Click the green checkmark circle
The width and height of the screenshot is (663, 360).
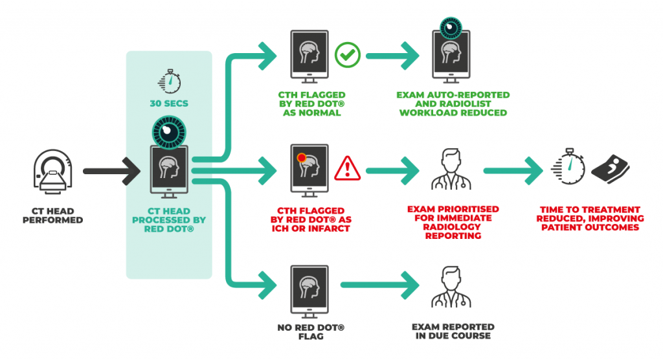(x=347, y=55)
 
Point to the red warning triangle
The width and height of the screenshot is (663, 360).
(x=347, y=170)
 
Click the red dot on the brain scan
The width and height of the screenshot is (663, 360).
(x=301, y=157)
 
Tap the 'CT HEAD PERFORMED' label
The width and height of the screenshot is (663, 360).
(x=53, y=216)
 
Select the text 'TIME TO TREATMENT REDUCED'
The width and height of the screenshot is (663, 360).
(x=589, y=214)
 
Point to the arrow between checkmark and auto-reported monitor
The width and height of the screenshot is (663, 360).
(x=396, y=56)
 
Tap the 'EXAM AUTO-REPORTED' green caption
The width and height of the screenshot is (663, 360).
(x=453, y=95)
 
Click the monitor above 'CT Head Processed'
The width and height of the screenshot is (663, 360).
(x=169, y=171)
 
